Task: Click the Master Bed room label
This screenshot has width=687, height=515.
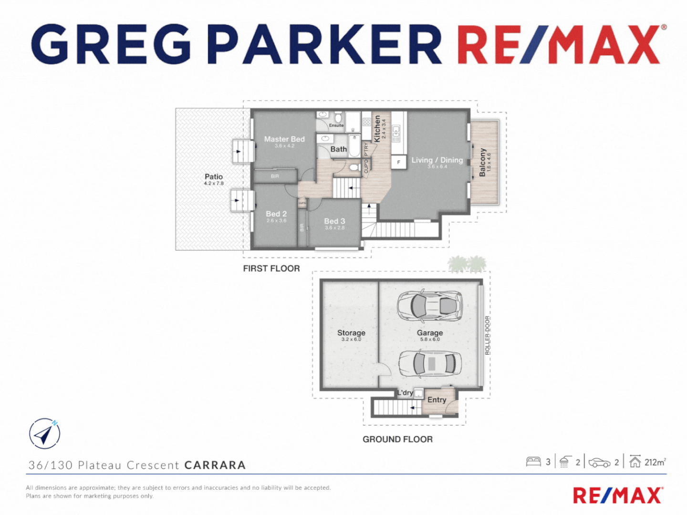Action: (x=284, y=139)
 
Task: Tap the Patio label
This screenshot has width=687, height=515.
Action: (x=214, y=177)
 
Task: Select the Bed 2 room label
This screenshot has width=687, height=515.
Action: (x=276, y=214)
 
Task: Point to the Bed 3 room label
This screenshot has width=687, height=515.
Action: (x=334, y=221)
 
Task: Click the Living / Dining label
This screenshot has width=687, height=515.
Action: (x=437, y=160)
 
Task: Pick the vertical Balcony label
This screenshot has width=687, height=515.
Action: (x=482, y=162)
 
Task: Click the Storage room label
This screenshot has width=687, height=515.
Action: (x=351, y=333)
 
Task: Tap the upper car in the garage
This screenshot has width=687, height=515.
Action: (x=430, y=305)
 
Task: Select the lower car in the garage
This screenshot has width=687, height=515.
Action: (x=430, y=363)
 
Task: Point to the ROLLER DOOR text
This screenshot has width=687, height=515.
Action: (x=487, y=335)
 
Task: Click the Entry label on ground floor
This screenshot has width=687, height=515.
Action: (x=437, y=400)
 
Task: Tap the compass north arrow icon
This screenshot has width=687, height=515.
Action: (x=44, y=433)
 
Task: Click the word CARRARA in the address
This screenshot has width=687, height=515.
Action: (x=215, y=465)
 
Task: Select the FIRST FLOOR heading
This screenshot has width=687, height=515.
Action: (x=271, y=268)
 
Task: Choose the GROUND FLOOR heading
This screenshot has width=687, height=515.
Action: (x=397, y=439)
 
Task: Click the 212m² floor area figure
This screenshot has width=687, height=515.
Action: (x=655, y=462)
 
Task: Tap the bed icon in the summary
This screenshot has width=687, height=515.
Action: (x=533, y=462)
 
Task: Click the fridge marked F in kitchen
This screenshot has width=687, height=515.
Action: (x=398, y=162)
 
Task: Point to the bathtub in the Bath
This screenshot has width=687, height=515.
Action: (x=354, y=145)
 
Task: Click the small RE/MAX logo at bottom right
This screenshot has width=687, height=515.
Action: (x=618, y=495)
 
